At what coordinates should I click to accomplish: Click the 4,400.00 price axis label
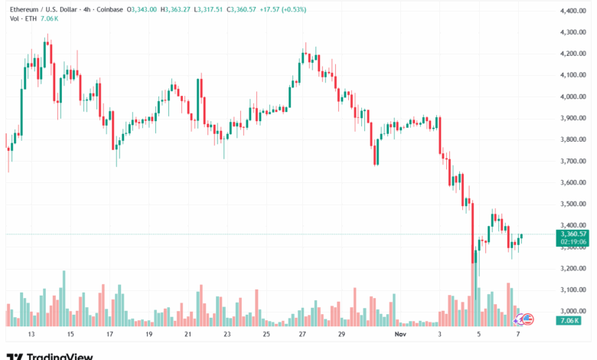(573, 11)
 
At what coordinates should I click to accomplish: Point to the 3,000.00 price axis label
(573, 311)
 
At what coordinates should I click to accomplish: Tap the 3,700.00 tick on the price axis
(573, 161)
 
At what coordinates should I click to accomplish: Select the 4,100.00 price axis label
(573, 75)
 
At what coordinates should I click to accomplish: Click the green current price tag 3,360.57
(573, 234)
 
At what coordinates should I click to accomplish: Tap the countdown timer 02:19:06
(573, 242)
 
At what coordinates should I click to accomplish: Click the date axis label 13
(31, 335)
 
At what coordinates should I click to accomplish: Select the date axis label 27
(302, 335)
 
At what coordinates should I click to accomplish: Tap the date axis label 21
(188, 335)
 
